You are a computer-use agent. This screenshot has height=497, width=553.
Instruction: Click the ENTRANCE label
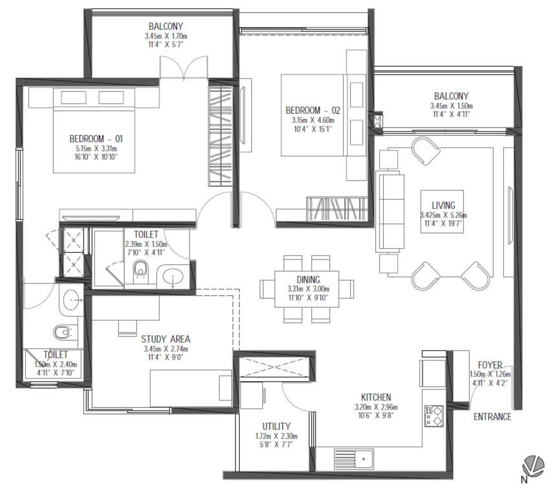coord(492,417)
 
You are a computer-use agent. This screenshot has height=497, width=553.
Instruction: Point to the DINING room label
coord(308,280)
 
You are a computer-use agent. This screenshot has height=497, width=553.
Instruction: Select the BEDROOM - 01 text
coord(96,139)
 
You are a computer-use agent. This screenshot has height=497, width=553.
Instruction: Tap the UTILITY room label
coord(276,426)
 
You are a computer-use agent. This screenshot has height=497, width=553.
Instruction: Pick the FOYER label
coord(490,365)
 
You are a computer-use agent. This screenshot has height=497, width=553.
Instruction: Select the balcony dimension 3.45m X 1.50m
coord(451,106)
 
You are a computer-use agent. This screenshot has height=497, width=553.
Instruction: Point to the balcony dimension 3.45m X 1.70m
coord(166,36)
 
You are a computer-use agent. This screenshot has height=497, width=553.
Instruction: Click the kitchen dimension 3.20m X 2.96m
coord(376,407)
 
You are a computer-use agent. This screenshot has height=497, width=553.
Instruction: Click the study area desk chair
coord(128,328)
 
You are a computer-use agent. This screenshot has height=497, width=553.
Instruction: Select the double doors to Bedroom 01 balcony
coord(184,67)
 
